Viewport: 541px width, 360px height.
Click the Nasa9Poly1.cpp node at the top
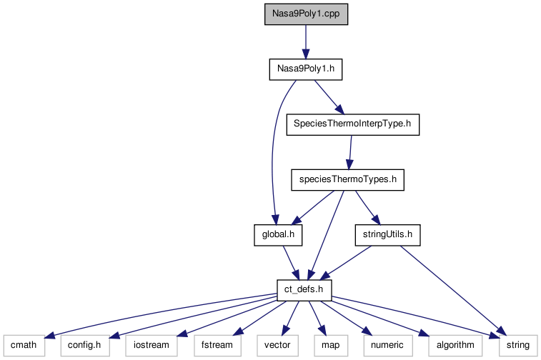click(x=306, y=15)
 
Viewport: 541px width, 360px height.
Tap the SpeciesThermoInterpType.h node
click(x=352, y=124)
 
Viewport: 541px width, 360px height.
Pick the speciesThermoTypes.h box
click(x=347, y=179)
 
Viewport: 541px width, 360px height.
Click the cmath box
click(x=24, y=344)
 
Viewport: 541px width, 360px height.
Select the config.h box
click(x=84, y=344)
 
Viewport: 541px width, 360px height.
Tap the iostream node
click(x=150, y=344)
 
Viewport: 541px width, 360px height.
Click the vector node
click(x=277, y=344)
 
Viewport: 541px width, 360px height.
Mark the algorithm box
click(x=452, y=344)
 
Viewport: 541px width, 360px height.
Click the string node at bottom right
click(x=517, y=344)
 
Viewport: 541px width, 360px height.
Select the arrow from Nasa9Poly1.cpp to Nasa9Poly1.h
click(x=306, y=42)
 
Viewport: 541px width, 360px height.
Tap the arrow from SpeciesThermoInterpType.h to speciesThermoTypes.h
click(x=349, y=151)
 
